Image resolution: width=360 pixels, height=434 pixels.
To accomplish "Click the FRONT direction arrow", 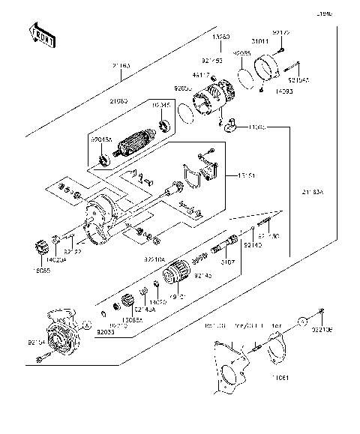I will (x=43, y=34).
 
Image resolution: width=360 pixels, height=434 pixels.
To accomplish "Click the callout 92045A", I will (x=101, y=139).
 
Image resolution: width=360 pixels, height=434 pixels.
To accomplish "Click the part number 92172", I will (x=280, y=33).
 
